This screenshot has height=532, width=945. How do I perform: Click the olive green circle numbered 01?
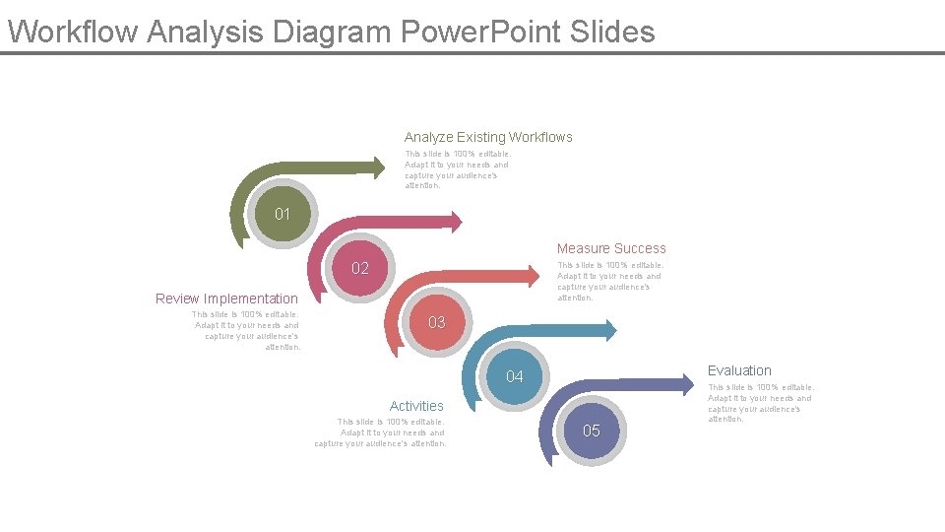[x=283, y=214]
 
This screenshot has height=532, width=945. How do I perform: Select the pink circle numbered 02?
[x=360, y=268]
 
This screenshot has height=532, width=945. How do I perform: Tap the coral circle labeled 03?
[x=437, y=322]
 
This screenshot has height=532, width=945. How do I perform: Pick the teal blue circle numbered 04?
[x=514, y=377]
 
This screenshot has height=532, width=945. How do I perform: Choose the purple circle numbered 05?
[x=592, y=431]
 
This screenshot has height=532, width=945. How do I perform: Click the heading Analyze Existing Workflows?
[x=488, y=137]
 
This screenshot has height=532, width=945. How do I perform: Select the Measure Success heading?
[x=611, y=248]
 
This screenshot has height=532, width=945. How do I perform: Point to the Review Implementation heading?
[x=226, y=299]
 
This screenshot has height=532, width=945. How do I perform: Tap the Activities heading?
[x=416, y=406]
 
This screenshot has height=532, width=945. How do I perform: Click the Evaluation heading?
[x=739, y=370]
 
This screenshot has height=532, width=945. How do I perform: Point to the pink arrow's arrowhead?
[x=454, y=220]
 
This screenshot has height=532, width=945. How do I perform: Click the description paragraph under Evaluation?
[x=760, y=403]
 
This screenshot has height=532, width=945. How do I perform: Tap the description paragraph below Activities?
[x=382, y=432]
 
